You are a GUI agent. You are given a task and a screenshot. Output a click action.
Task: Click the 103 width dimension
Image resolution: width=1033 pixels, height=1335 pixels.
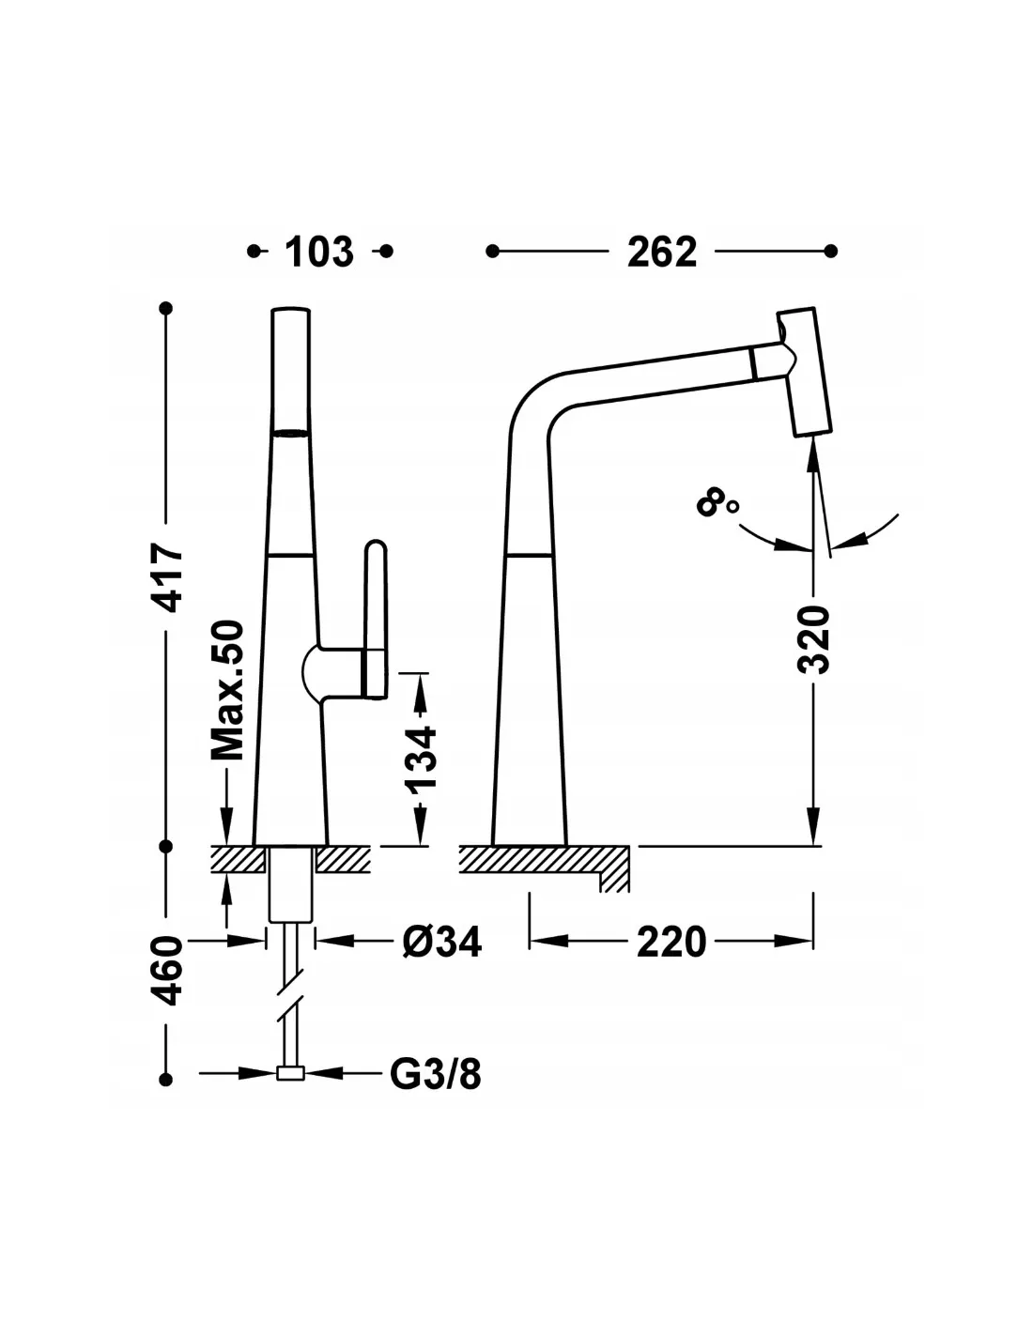point(319,252)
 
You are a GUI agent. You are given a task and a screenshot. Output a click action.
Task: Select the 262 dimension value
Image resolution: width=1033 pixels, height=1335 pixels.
point(662,252)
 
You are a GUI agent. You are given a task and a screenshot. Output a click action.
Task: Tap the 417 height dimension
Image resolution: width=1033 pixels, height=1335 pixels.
point(168,576)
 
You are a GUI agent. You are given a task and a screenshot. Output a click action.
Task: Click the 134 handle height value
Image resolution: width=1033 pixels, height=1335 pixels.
point(421,759)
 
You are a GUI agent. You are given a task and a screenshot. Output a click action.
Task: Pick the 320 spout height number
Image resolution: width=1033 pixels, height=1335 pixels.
point(813,639)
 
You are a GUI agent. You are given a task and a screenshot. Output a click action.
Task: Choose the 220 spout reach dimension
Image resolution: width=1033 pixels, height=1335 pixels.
point(671,943)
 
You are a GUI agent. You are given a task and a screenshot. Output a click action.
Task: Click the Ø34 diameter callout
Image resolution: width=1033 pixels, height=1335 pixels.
point(441,942)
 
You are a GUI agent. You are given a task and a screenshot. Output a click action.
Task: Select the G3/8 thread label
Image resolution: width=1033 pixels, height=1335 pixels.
point(436,1074)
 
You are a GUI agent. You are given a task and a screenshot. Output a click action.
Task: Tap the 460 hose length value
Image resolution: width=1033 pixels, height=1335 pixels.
point(168,970)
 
